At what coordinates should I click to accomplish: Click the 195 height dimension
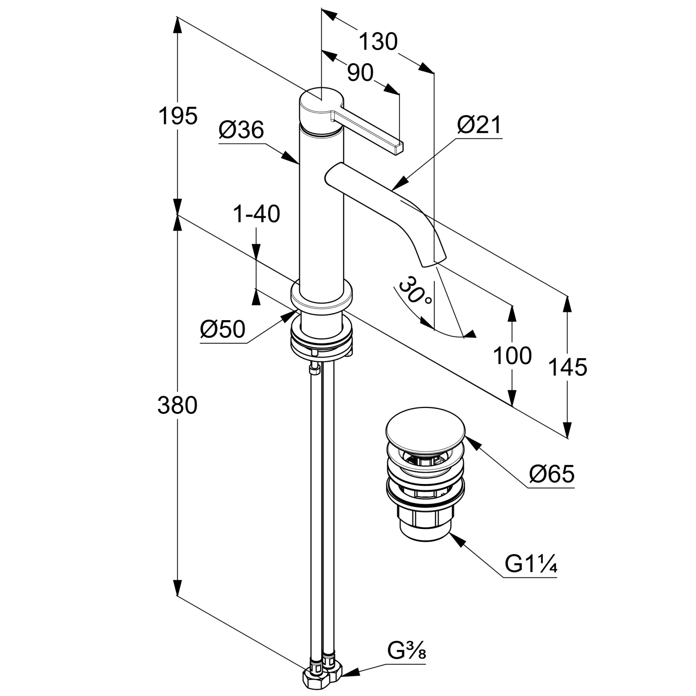tap(178, 116)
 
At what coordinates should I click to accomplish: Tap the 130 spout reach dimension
tap(379, 42)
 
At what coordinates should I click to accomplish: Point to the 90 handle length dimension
tap(360, 73)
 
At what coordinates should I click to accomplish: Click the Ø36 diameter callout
tap(241, 130)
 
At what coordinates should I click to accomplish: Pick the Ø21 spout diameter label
tap(479, 125)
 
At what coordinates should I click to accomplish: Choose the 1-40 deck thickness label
tap(257, 214)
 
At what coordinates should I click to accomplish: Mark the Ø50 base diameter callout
tap(223, 329)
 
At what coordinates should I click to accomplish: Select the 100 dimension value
tap(512, 356)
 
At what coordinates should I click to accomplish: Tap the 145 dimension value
tap(567, 367)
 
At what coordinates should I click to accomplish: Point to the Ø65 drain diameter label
tap(552, 474)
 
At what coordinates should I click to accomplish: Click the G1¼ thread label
tap(530, 565)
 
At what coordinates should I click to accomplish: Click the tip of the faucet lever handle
tap(399, 148)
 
